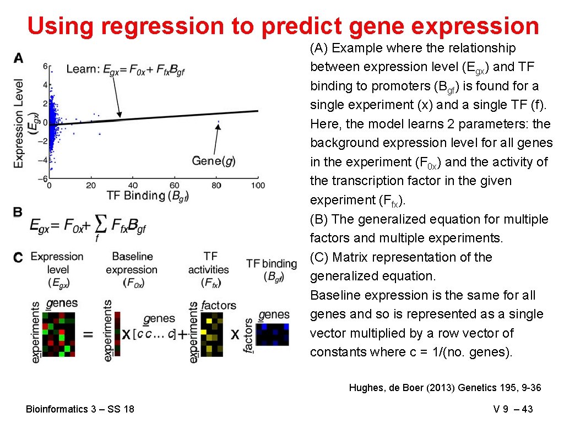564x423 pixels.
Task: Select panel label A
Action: point(19,58)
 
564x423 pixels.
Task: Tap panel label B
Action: point(18,212)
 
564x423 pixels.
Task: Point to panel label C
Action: point(19,257)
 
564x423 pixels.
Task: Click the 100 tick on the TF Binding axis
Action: point(257,186)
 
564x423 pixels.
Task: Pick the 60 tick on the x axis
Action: point(175,186)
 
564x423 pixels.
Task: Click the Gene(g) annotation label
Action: point(213,161)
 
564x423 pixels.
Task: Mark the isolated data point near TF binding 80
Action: point(218,122)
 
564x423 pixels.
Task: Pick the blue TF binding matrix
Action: point(273,334)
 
